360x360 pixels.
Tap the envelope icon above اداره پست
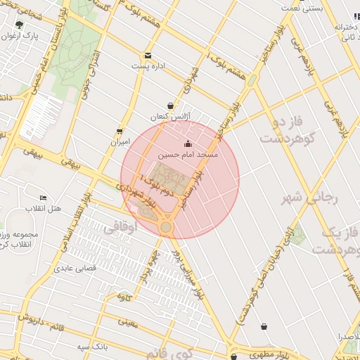148,56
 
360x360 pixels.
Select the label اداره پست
148,66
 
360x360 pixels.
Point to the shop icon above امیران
120,131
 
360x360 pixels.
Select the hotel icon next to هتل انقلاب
44,198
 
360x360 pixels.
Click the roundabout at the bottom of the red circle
166,227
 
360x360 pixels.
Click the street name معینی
127,323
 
